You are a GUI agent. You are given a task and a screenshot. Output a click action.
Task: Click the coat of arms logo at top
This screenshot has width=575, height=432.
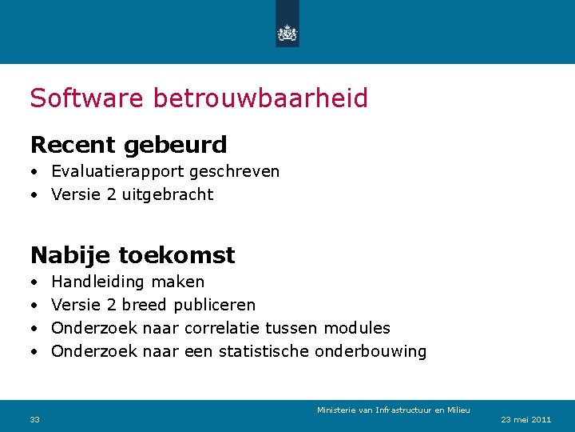[x=287, y=32]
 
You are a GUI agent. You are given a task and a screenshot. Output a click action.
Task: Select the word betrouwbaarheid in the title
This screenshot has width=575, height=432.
[x=260, y=98]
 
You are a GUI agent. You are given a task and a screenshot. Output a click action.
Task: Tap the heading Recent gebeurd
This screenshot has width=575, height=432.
[x=129, y=145]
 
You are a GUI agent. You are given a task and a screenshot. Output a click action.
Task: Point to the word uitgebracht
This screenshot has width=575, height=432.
[x=168, y=194]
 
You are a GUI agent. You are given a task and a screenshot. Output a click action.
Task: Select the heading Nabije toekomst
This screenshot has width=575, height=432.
[x=133, y=255]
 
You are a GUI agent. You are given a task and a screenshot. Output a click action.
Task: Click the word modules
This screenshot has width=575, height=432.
[x=357, y=328]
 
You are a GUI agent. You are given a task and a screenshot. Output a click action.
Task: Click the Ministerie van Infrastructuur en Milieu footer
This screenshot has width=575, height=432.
[x=393, y=410]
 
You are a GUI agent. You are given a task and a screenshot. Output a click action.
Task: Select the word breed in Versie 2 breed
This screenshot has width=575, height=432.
[x=145, y=305]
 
